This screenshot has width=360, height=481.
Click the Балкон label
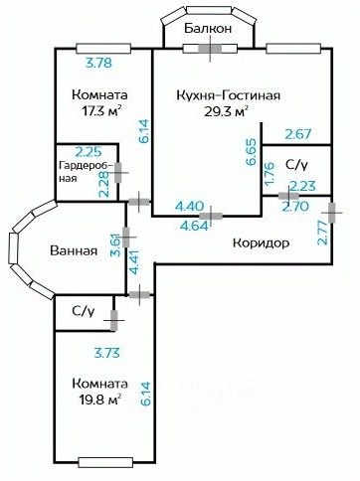pos(208,29)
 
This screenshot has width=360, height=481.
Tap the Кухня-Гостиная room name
pos(228,94)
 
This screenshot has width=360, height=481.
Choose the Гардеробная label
pos(80,171)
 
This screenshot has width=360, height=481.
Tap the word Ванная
pos(74,250)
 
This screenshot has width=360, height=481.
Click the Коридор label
pos(261,242)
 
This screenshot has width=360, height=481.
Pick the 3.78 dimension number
pos(97,63)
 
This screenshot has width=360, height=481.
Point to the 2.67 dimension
pos(299,134)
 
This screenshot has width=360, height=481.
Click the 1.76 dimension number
pos(270,176)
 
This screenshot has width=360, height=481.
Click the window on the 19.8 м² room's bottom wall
pos(104,460)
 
